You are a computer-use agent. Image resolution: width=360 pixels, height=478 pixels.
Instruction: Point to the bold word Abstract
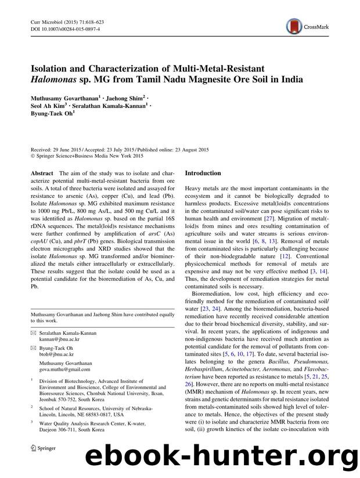pyautogui.click(x=41, y=173)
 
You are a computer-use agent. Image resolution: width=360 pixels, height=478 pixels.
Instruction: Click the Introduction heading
pyautogui.click(x=203, y=173)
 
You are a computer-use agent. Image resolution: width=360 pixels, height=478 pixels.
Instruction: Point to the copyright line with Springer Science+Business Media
pyautogui.click(x=87, y=156)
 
